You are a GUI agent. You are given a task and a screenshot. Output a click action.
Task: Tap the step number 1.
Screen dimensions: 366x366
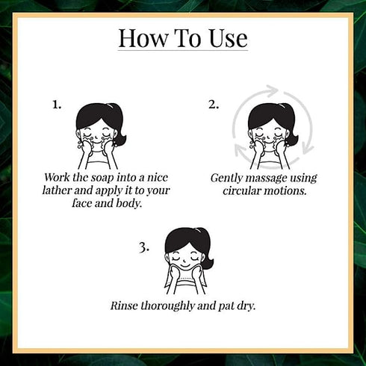pyautogui.click(x=57, y=105)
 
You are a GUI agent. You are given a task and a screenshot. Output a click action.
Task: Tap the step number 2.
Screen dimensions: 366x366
pyautogui.click(x=214, y=105)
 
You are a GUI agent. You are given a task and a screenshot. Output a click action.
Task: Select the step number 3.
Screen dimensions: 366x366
pyautogui.click(x=144, y=248)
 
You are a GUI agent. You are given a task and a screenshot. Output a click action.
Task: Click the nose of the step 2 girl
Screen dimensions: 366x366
pyautogui.click(x=267, y=137)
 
